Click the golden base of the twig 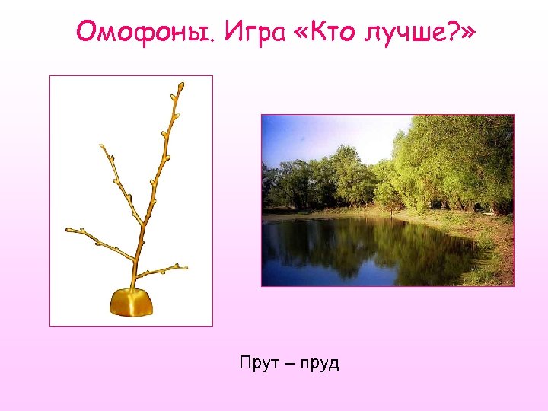point(132,302)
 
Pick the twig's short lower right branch point(164,269)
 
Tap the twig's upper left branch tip point(102,147)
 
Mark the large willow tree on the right point(457,160)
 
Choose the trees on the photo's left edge point(276,186)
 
